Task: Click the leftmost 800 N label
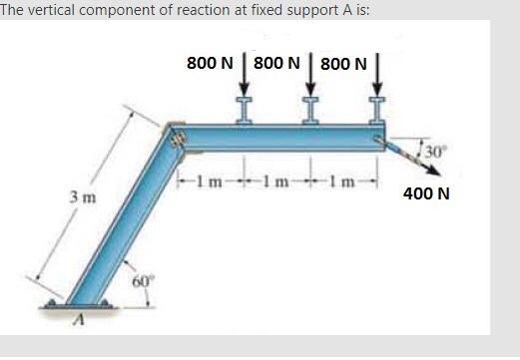tap(210, 62)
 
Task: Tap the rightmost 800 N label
tap(344, 64)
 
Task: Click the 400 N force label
tap(426, 192)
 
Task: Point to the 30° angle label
tap(435, 152)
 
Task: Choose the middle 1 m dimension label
tap(276, 180)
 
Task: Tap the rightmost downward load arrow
tap(378, 80)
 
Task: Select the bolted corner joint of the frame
tap(180, 139)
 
